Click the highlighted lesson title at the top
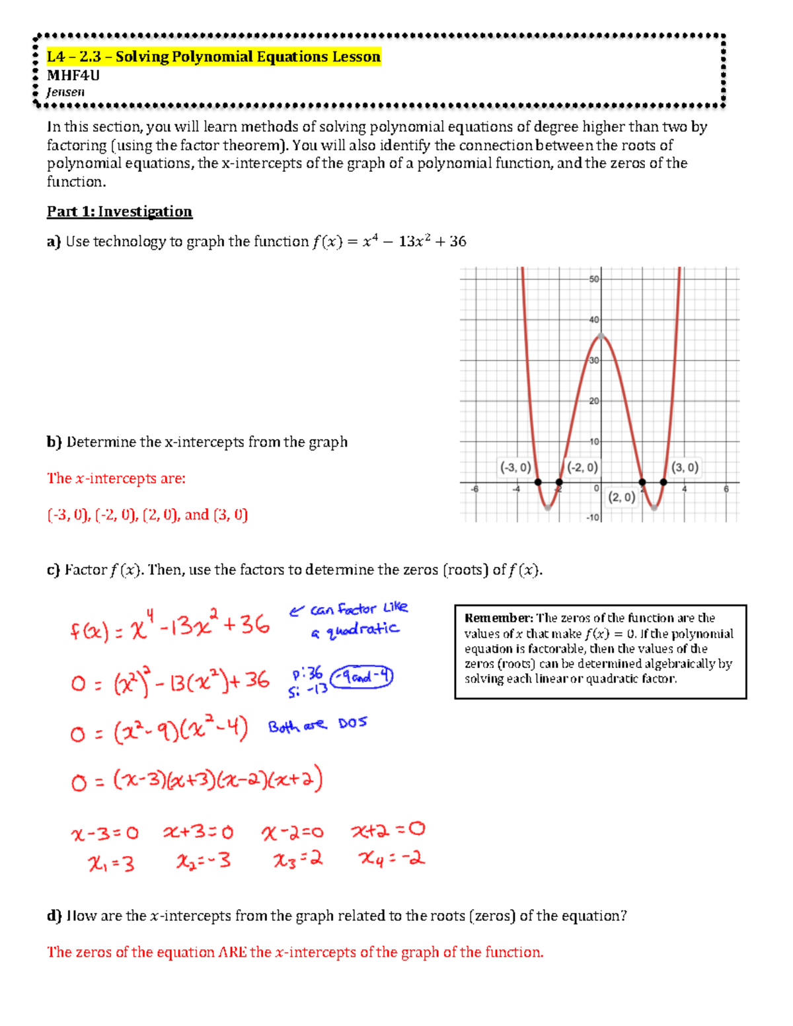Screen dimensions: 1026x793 pos(213,57)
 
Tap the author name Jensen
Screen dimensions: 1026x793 pos(65,92)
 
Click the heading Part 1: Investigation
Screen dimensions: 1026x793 pos(119,211)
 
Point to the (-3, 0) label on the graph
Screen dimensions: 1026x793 pos(515,468)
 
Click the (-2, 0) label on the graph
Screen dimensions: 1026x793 pos(582,468)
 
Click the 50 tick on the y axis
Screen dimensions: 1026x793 pos(594,279)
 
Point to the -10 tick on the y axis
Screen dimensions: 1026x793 pos(593,517)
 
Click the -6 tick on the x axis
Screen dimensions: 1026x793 pos(474,490)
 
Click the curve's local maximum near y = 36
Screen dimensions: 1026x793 pos(601,336)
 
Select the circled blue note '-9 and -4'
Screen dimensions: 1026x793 pos(361,677)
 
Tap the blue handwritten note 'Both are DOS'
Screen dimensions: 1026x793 pos(317,725)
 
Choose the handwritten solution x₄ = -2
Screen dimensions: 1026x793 pos(391,859)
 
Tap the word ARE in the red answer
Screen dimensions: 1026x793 pos(233,952)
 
